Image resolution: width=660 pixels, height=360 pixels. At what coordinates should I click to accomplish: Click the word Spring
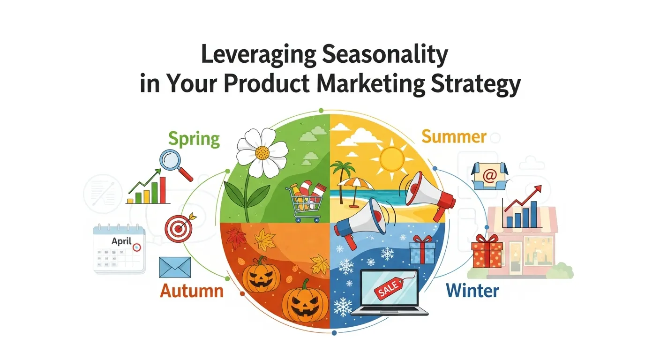coord(194,139)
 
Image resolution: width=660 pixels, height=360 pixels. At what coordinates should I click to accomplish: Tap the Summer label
coord(453,137)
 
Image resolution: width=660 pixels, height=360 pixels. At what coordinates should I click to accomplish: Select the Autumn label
coord(191,291)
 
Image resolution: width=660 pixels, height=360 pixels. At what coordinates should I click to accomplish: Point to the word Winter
coord(472,291)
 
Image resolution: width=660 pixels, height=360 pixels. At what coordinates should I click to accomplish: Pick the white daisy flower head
coord(262,150)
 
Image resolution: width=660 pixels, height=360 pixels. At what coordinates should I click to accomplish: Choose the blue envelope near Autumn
coord(175,267)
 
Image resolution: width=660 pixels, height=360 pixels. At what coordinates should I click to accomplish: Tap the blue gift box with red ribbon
coord(422,250)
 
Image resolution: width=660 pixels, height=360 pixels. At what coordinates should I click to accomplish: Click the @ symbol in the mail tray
coord(490,176)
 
